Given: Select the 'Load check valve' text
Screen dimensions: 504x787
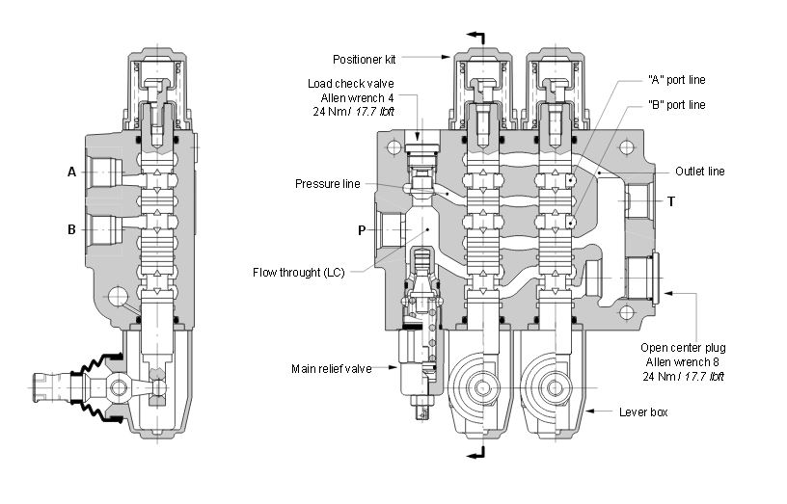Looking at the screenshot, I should click(x=351, y=83).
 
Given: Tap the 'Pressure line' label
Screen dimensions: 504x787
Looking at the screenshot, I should click(x=327, y=183).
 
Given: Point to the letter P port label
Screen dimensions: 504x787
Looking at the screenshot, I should click(x=362, y=230).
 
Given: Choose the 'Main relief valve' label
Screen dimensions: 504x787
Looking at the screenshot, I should click(x=332, y=368).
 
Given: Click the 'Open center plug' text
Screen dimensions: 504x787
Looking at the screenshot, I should click(x=683, y=347).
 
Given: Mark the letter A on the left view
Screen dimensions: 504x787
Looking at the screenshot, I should click(x=71, y=172).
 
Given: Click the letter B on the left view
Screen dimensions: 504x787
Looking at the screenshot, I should click(x=71, y=230).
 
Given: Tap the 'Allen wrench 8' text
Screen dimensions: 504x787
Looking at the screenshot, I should click(x=683, y=361).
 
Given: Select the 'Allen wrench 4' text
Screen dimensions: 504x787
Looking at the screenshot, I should click(x=357, y=97).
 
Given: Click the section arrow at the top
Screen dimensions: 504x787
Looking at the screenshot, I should click(x=475, y=36).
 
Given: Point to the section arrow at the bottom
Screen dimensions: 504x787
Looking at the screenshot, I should click(x=475, y=454).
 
